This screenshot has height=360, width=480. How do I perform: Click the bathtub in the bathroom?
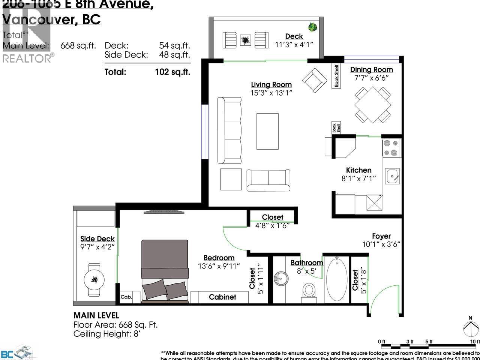(x=336, y=279)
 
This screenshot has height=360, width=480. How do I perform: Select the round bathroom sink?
(x=281, y=279)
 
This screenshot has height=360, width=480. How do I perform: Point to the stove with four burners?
(x=391, y=148)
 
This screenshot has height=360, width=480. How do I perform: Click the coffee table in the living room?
(x=267, y=131)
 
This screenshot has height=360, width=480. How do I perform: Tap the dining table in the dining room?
(x=373, y=105)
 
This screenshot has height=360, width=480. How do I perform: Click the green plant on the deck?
(x=312, y=27)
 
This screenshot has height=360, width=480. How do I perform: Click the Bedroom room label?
(x=219, y=258)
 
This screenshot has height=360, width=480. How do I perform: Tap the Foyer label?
(x=381, y=236)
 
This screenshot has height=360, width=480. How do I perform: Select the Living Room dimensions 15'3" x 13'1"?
(x=271, y=93)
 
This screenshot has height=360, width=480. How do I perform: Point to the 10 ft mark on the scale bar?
(x=475, y=342)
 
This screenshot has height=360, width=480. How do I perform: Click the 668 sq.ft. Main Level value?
(x=78, y=46)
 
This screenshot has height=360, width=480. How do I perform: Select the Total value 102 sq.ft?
(x=172, y=72)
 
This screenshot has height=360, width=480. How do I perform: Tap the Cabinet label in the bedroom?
(x=222, y=297)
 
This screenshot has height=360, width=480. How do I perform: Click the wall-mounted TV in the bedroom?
(x=164, y=212)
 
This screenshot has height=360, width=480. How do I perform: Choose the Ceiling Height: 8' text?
(x=107, y=334)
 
